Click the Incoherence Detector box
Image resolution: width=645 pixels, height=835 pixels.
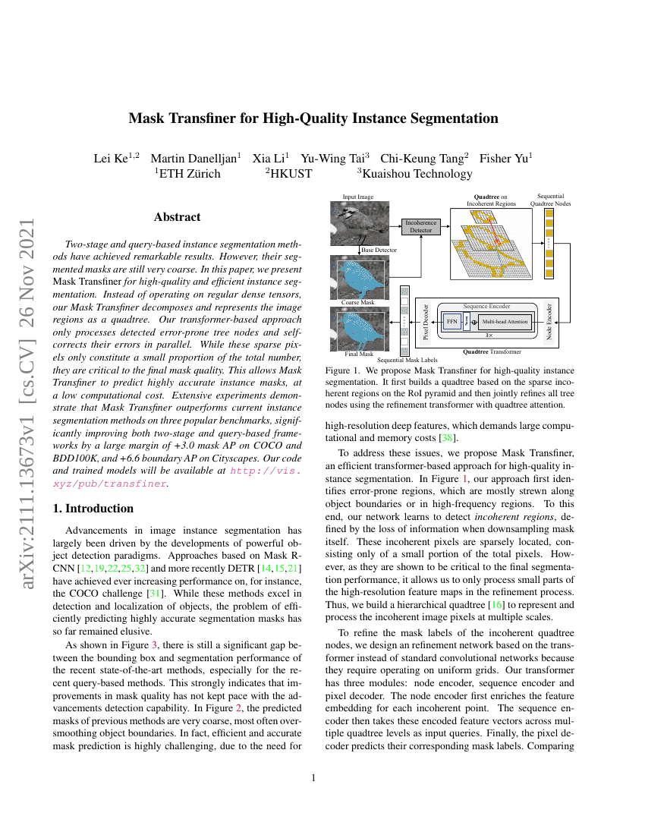pyautogui.click(x=420, y=225)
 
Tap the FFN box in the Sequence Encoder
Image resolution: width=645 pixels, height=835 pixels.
pyautogui.click(x=451, y=320)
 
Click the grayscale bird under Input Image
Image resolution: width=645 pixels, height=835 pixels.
pyautogui.click(x=360, y=223)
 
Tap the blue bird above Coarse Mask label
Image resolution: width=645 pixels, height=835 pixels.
pyautogui.click(x=360, y=277)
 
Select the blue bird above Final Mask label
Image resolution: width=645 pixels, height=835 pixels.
pyautogui.click(x=360, y=328)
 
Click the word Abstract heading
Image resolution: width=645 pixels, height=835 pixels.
pyautogui.click(x=177, y=217)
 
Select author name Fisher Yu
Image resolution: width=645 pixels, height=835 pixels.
pyautogui.click(x=506, y=158)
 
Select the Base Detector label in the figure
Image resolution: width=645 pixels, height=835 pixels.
pyautogui.click(x=379, y=250)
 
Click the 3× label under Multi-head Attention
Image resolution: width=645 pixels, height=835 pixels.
pyautogui.click(x=489, y=334)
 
